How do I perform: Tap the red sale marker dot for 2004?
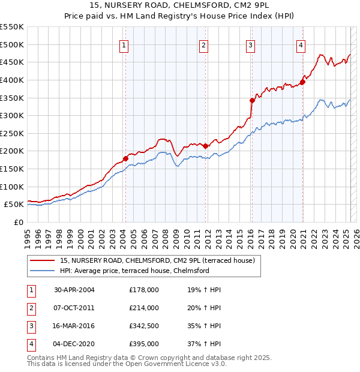[125, 158]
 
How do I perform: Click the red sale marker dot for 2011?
[206, 146]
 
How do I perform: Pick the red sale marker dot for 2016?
[252, 100]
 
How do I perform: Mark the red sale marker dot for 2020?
[302, 82]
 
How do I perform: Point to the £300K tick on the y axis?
[12, 115]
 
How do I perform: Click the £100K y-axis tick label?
[12, 187]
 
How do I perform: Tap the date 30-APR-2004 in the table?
[74, 290]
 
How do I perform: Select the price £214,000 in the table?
[144, 308]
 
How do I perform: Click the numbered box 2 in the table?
[30, 308]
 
